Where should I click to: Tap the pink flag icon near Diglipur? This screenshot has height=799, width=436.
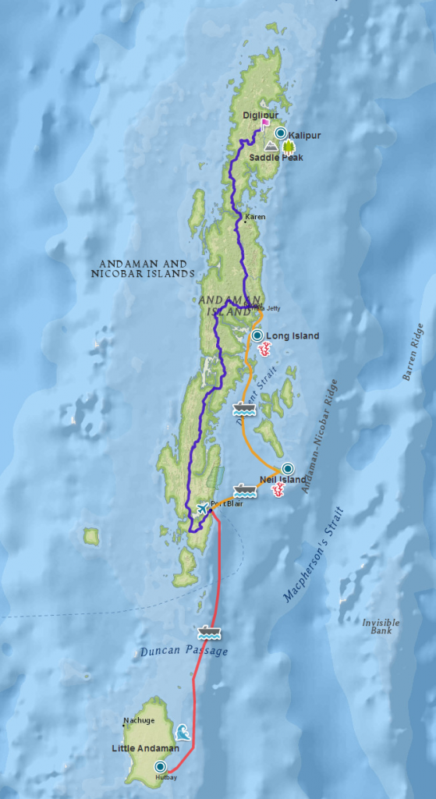click(265, 123)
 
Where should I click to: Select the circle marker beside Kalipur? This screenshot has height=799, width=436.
click(280, 133)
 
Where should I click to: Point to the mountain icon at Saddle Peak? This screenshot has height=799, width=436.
click(271, 146)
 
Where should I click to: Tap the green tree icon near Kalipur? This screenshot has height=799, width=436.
click(289, 146)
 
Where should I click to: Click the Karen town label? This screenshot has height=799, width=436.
click(255, 216)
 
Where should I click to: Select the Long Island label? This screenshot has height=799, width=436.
click(292, 336)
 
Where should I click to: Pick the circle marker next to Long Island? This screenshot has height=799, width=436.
click(257, 336)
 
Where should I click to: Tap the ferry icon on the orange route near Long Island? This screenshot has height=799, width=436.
click(243, 407)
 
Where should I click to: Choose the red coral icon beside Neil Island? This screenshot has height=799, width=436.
click(278, 490)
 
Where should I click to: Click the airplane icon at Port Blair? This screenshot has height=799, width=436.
click(203, 507)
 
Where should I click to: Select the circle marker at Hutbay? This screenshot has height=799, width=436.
click(161, 767)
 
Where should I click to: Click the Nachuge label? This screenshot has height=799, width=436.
click(139, 720)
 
